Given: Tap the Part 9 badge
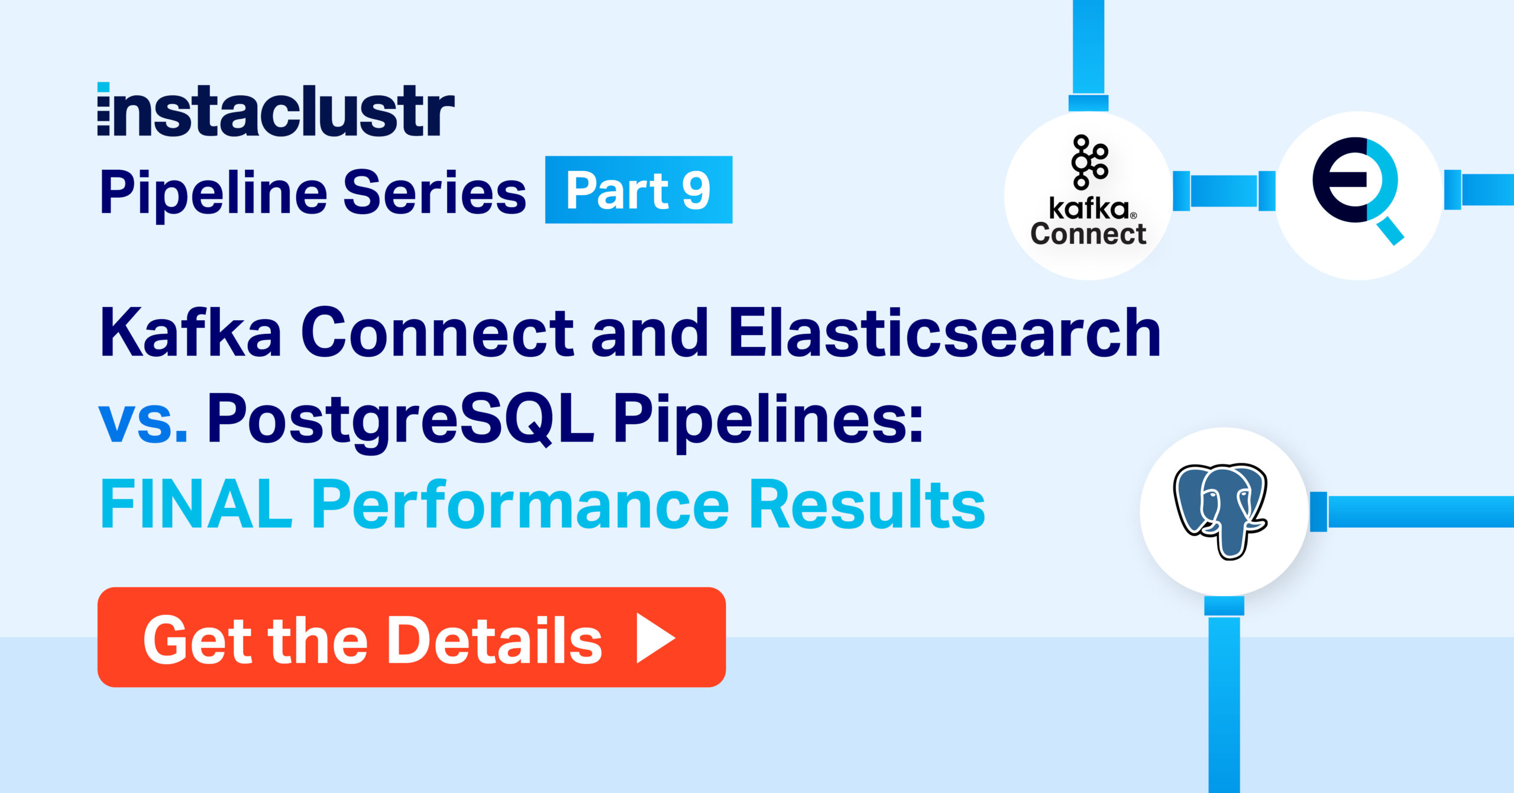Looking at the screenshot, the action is click(x=639, y=189).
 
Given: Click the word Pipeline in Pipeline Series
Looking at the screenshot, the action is click(x=213, y=193).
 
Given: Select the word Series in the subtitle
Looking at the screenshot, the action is click(x=435, y=193).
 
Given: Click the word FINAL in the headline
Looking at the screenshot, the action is click(x=196, y=504).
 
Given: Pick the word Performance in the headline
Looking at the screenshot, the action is click(x=520, y=504).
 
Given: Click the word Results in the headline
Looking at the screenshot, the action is click(x=867, y=504).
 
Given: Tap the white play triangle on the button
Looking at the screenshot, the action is click(x=655, y=638).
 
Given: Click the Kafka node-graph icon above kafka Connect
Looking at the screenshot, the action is click(x=1089, y=162).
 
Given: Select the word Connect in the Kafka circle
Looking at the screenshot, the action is click(x=1088, y=234).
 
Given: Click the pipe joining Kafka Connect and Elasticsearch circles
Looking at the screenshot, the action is click(x=1224, y=191).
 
